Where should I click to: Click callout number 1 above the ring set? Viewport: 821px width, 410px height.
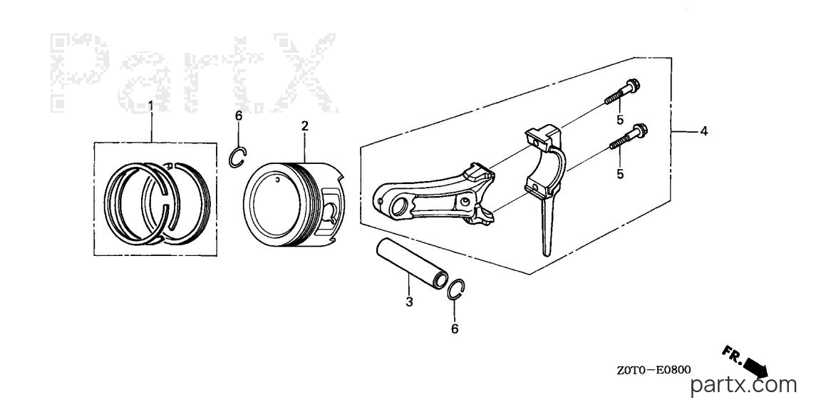click(x=151, y=106)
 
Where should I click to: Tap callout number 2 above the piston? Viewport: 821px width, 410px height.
click(x=305, y=125)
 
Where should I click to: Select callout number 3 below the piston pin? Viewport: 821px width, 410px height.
click(x=409, y=302)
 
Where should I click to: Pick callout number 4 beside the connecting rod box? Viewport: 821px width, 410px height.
click(x=704, y=131)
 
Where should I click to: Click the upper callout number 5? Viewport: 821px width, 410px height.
click(x=620, y=120)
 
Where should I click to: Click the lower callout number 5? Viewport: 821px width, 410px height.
click(x=620, y=174)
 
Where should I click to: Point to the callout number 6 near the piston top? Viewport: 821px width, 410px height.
click(x=239, y=116)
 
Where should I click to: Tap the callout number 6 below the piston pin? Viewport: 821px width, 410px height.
click(x=455, y=329)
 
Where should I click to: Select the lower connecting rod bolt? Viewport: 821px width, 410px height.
click(x=629, y=136)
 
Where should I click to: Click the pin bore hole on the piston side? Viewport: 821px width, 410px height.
click(x=331, y=212)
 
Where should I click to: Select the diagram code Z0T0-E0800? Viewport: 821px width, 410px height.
click(x=654, y=370)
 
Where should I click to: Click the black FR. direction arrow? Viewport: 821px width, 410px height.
click(x=753, y=367)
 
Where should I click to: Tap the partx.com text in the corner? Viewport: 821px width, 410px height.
click(x=744, y=386)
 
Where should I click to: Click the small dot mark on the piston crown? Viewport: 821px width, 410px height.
click(x=277, y=180)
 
